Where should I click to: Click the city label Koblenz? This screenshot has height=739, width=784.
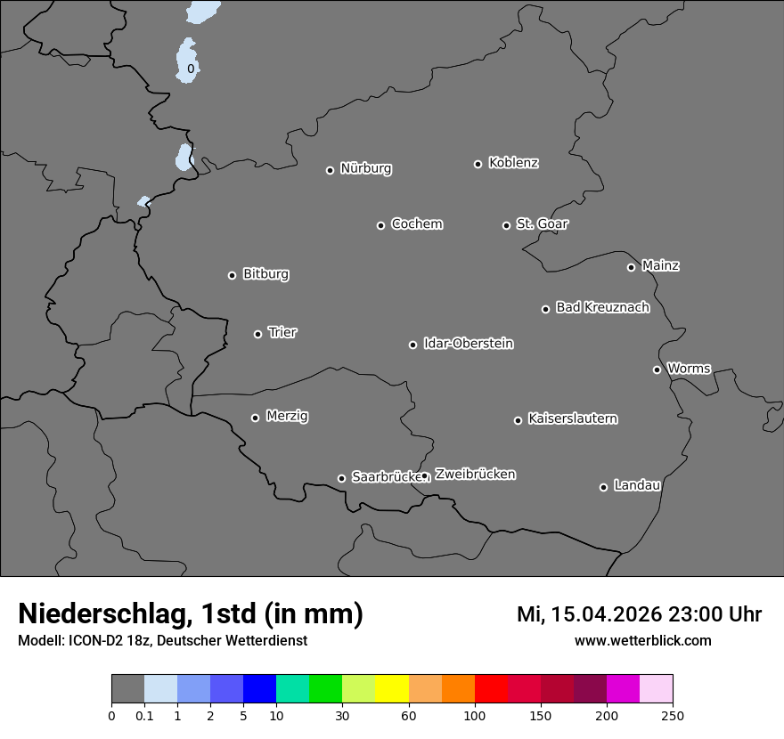point(513,163)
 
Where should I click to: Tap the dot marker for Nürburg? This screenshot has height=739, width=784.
point(330,170)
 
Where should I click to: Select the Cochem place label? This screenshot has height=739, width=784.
point(416,223)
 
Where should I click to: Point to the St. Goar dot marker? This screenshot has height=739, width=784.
point(506,225)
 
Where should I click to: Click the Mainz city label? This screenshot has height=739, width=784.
point(660,265)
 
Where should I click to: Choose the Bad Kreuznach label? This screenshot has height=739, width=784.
point(602,307)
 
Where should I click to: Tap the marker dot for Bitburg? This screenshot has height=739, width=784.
point(232,275)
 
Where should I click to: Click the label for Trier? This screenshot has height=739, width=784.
point(282,332)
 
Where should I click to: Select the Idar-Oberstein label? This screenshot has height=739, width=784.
point(468,343)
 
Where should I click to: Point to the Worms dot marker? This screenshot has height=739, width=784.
point(657,369)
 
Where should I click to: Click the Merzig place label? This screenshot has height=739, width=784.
point(287,416)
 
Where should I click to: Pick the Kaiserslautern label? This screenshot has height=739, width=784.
point(572,418)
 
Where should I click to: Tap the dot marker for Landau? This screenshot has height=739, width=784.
point(603,487)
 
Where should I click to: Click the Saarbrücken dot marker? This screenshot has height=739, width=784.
point(341,478)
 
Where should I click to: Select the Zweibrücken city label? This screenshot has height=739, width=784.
point(475,475)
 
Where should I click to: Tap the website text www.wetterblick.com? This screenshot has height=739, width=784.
point(642,640)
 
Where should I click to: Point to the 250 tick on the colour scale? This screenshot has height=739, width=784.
point(673,715)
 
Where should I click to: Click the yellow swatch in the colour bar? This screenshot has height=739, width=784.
point(392,689)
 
